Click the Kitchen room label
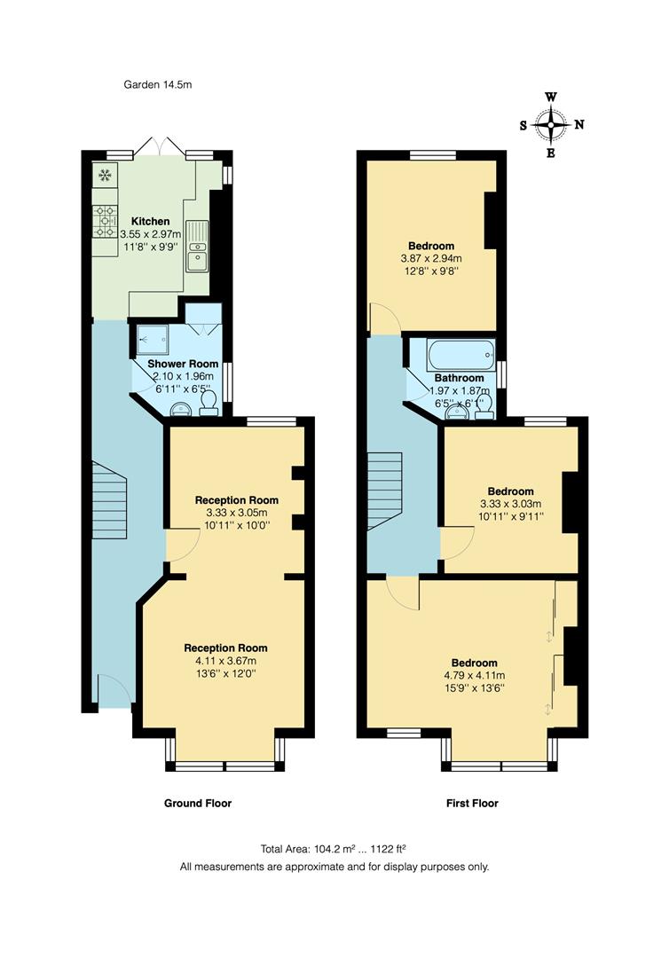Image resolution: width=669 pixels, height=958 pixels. click(x=150, y=221)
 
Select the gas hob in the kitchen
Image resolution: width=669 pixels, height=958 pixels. click(x=106, y=218)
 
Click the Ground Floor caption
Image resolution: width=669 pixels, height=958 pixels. click(x=198, y=804)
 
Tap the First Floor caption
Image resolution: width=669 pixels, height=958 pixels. click(x=472, y=804)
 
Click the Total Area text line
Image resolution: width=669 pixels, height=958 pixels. click(x=334, y=849)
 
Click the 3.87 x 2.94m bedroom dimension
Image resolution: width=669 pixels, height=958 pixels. click(x=431, y=259)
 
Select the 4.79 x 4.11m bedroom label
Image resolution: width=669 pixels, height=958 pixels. click(x=475, y=675)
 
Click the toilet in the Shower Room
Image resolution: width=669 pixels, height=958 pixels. click(x=210, y=404)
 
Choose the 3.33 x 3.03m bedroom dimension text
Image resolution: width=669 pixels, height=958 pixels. click(x=510, y=504)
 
